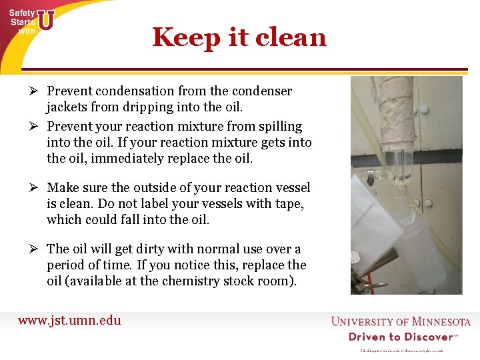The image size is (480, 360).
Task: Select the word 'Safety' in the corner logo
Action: pyautogui.click(x=21, y=13)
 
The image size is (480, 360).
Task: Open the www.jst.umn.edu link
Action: pyautogui.click(x=69, y=320)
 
